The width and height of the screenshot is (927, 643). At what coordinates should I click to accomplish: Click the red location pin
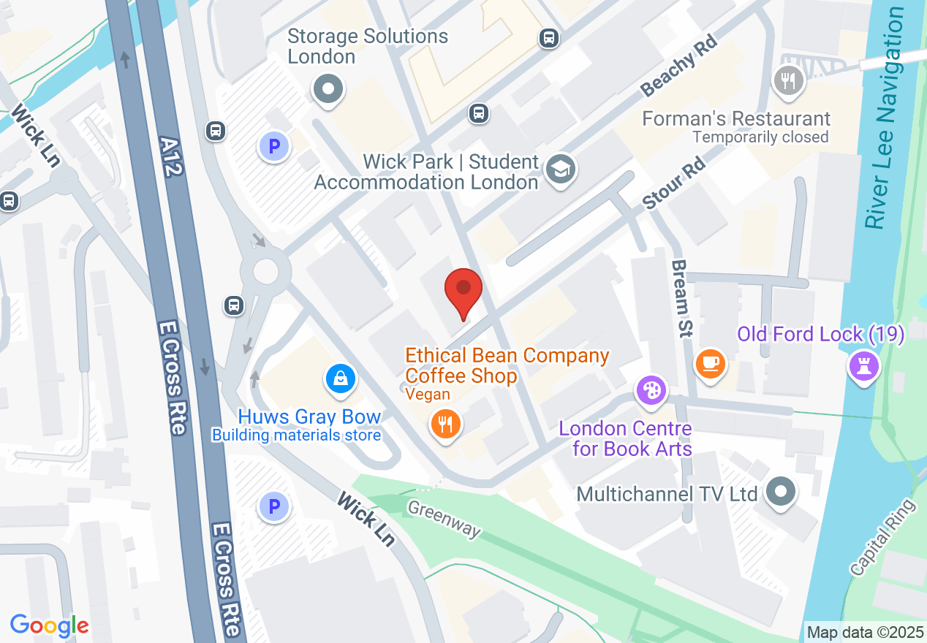coord(463,292)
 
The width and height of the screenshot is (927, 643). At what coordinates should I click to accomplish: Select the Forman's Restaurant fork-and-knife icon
coord(787,81)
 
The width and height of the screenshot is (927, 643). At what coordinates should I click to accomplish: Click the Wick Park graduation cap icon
coord(561,170)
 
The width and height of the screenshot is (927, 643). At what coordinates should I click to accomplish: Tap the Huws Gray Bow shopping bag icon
coord(341,378)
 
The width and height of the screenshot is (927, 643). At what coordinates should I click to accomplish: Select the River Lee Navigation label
coord(884,117)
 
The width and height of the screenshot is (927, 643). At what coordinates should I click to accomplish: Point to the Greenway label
coord(444,519)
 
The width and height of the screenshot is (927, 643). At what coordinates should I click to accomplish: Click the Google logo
coord(49,625)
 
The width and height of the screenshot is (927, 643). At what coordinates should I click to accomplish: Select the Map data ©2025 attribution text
coord(863,631)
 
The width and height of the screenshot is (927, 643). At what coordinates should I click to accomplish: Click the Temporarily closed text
coord(760,137)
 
